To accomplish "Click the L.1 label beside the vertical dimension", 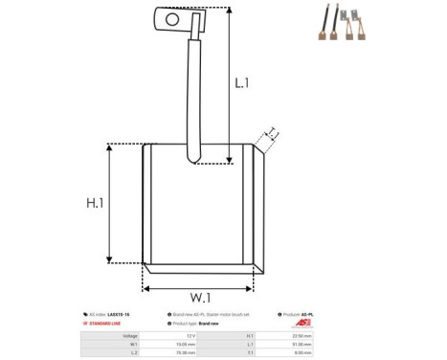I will (x=242, y=84).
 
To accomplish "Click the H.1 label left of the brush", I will (x=95, y=204).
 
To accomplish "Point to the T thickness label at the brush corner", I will (x=271, y=134).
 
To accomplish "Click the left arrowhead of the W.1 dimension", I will (x=146, y=286).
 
